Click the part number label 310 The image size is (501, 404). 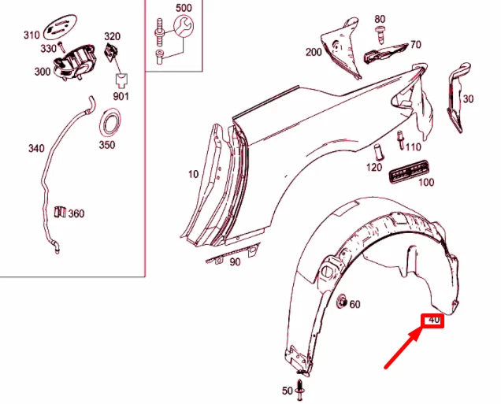pyautogui.click(x=32, y=35)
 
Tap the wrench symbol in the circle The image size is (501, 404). pyautogui.click(x=184, y=26)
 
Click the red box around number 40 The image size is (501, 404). pyautogui.click(x=432, y=321)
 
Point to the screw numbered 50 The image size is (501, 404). pyautogui.click(x=299, y=390)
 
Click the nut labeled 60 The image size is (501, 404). pyautogui.click(x=342, y=301)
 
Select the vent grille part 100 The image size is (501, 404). pyautogui.click(x=409, y=172)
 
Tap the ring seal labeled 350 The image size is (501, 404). pyautogui.click(x=110, y=124)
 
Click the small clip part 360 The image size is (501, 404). pyautogui.click(x=60, y=212)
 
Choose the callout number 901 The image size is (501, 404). pyautogui.click(x=121, y=96)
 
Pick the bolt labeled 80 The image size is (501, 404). pyautogui.click(x=380, y=35)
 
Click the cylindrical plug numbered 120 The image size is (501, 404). pyautogui.click(x=379, y=152)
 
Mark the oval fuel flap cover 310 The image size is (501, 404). pyautogui.click(x=60, y=27)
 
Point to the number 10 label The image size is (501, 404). pyautogui.click(x=193, y=174)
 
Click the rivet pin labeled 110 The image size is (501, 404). pyautogui.click(x=400, y=140)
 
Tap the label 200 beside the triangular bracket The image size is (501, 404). pyautogui.click(x=314, y=52)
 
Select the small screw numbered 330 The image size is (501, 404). pyautogui.click(x=61, y=47)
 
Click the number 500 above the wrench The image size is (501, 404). pyautogui.click(x=184, y=8)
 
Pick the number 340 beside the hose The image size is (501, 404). pyautogui.click(x=36, y=148)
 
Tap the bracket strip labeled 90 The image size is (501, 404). pyautogui.click(x=233, y=253)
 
